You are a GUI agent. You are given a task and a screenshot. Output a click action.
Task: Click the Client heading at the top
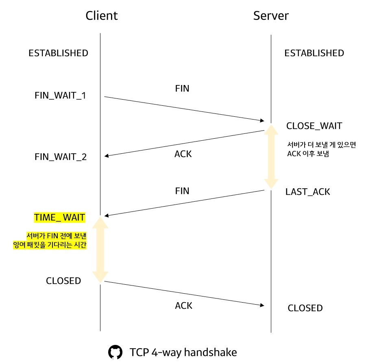(x=101, y=16)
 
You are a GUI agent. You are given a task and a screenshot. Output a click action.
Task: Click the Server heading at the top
(x=271, y=16)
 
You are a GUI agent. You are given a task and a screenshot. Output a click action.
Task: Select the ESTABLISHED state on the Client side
(x=58, y=53)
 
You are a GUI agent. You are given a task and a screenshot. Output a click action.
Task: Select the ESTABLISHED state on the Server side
(x=314, y=53)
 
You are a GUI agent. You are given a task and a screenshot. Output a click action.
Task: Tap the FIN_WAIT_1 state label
(x=61, y=96)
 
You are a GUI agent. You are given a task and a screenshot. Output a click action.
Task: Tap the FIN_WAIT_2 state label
(x=61, y=157)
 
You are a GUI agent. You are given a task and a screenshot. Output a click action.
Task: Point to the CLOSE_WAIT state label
(x=314, y=126)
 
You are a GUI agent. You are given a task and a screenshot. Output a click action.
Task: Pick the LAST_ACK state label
(x=307, y=192)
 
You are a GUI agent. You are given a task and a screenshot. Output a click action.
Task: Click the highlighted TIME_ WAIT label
(x=59, y=218)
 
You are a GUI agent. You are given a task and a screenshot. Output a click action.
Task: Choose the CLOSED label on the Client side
(x=63, y=281)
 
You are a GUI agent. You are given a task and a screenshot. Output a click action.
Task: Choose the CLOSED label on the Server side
(x=305, y=308)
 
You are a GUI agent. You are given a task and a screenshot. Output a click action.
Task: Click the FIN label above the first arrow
(x=182, y=88)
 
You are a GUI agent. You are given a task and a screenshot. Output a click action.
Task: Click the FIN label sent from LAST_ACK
(x=182, y=191)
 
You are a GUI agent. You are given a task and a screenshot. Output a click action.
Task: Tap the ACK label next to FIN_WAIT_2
(x=183, y=154)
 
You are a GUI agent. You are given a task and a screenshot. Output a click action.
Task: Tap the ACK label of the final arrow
(x=183, y=305)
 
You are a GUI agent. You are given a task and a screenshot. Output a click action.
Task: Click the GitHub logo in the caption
(x=115, y=352)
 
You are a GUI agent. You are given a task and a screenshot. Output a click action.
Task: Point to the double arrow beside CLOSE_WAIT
(x=271, y=157)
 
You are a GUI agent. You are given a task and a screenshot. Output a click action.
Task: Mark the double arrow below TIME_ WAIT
(x=100, y=249)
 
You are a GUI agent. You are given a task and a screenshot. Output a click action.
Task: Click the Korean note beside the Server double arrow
(x=321, y=149)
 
